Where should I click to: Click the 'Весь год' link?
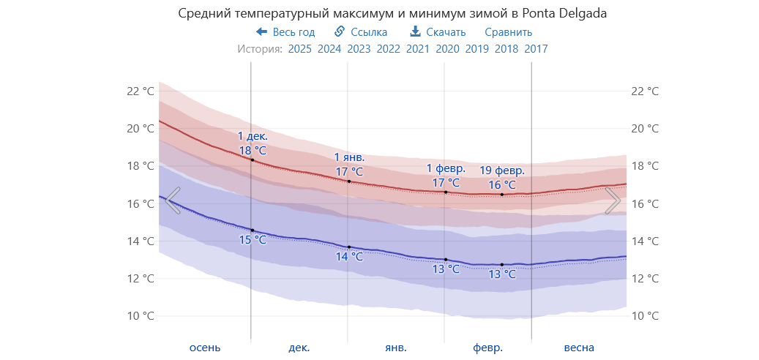point(285,32)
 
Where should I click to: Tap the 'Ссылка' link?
point(361,32)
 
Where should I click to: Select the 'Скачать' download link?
point(438,32)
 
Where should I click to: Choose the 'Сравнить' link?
point(508,32)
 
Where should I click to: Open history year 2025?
point(300,49)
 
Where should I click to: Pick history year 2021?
point(418,49)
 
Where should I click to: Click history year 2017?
point(536,49)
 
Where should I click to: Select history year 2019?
point(476,49)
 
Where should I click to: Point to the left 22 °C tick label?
point(141,91)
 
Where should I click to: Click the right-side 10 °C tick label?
point(644,316)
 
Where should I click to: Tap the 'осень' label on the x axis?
point(204,348)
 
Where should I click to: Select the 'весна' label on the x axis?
point(579,348)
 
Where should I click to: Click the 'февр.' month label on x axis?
point(487,348)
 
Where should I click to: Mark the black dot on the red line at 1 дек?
point(252,160)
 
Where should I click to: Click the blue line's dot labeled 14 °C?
point(349,247)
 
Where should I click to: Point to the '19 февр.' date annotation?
point(502,170)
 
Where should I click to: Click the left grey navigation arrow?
point(173,200)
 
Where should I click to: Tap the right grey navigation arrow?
point(613,200)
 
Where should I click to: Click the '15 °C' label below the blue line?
point(253,240)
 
